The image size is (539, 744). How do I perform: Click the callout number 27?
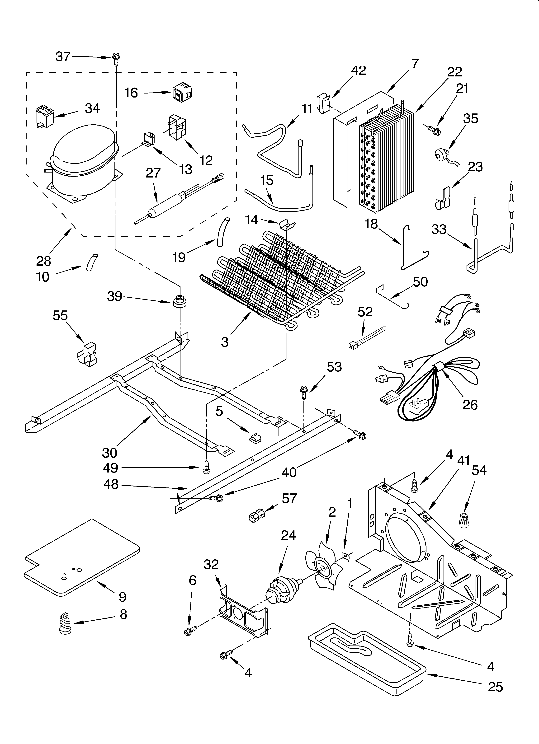(x=153, y=173)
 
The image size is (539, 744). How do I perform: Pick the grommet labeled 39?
(x=179, y=301)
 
